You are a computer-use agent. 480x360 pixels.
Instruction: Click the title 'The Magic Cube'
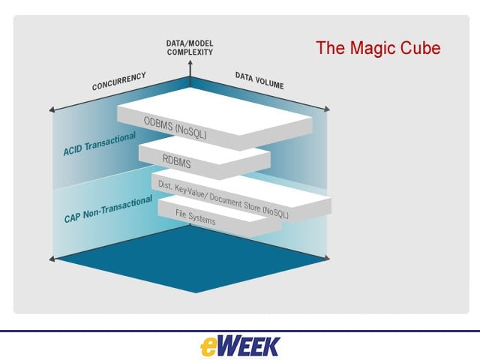(378, 48)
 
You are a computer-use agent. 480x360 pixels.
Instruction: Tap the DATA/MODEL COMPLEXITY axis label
(190, 48)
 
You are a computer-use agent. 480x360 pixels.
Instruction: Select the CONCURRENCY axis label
(118, 81)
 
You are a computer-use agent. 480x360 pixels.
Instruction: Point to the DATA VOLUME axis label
(259, 80)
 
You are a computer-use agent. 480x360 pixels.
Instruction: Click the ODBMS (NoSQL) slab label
(175, 127)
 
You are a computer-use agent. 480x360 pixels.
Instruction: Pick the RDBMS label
(177, 161)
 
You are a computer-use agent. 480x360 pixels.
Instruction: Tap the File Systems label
(195, 217)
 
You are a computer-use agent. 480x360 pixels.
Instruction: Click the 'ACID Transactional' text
(99, 144)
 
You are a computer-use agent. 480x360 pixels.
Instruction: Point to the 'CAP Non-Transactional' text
(108, 209)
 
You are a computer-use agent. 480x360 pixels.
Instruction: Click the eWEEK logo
(240, 346)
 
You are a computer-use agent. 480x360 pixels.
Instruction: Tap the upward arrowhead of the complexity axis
(190, 63)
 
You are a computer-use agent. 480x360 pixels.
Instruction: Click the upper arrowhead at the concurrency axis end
(52, 109)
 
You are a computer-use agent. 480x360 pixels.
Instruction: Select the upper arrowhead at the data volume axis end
(327, 109)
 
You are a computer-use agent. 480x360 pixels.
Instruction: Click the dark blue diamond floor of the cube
(190, 259)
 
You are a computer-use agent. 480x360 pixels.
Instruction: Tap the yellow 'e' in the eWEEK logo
(209, 347)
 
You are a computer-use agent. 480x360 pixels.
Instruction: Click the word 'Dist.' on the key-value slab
(165, 184)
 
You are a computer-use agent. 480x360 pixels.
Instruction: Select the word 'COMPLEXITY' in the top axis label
(190, 52)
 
